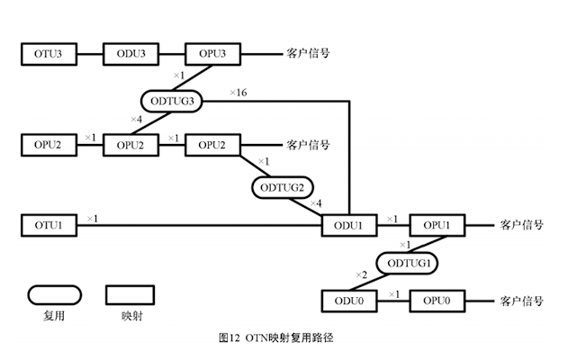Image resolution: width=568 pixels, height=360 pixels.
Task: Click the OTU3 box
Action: click(48, 54)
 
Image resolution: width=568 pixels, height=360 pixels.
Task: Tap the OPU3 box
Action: click(212, 54)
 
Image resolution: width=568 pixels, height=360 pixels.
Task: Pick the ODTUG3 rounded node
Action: click(171, 101)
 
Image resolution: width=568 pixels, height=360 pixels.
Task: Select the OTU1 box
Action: click(48, 224)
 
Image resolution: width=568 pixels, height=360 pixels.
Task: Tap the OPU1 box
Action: click(437, 224)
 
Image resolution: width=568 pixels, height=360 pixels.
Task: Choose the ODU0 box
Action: click(348, 300)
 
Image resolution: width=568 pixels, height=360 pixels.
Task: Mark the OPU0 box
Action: click(437, 300)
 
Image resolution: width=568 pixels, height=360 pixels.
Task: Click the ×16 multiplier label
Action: click(238, 93)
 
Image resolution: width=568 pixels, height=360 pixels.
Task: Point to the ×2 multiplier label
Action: click(361, 274)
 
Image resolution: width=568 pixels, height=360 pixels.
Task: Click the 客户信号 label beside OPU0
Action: click(521, 300)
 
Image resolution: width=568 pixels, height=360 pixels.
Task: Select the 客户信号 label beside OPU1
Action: click(521, 224)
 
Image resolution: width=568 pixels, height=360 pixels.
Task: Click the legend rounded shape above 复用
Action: click(53, 295)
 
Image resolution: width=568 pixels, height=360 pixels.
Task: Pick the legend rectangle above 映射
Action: click(131, 295)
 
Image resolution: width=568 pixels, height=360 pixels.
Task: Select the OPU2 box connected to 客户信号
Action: click(212, 144)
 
